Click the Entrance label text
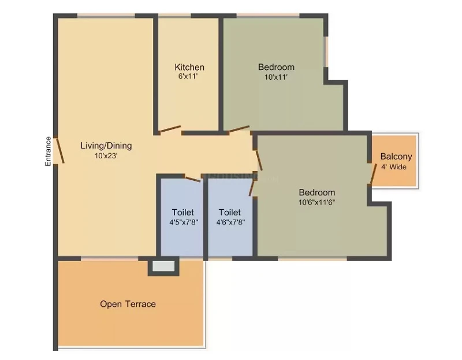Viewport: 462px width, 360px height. [48, 151]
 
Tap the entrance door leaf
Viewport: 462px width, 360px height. [60, 150]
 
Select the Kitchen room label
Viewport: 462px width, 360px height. [189, 67]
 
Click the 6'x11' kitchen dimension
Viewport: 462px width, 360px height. [188, 76]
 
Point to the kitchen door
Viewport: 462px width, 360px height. [170, 129]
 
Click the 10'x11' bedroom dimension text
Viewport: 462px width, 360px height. [276, 77]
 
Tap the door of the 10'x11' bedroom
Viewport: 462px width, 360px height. [239, 129]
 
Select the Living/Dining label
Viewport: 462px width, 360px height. [106, 146]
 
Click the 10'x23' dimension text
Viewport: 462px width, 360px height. [106, 155]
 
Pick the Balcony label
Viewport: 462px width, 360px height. [396, 157]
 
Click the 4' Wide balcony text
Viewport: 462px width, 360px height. [394, 167]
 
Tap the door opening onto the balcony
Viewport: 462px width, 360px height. [373, 174]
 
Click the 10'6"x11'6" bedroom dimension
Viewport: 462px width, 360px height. [316, 203]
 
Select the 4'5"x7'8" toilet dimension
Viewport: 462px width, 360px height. [184, 222]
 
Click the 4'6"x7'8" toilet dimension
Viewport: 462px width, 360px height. [230, 222]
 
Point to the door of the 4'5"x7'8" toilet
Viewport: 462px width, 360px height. [193, 179]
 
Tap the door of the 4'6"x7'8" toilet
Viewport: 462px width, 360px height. [251, 188]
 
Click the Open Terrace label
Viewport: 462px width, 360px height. [128, 304]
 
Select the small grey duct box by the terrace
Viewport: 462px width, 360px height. [163, 266]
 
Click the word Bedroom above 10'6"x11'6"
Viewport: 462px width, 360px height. [316, 192]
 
